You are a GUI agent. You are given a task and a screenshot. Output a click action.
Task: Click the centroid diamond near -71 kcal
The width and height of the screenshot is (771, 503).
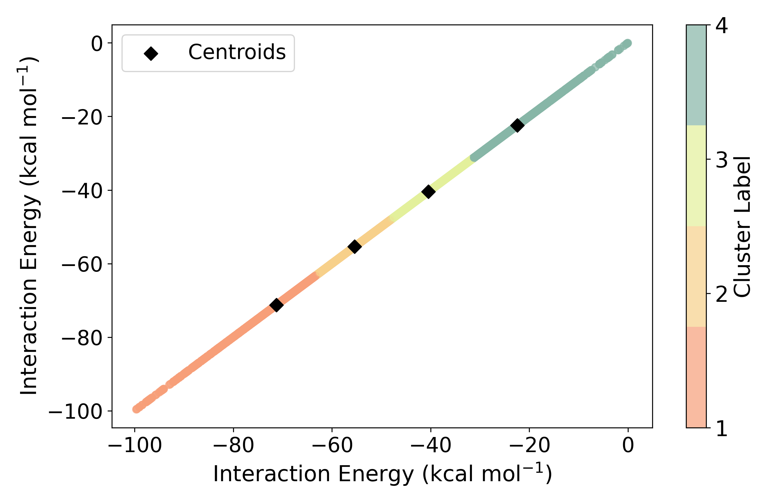pos(276,305)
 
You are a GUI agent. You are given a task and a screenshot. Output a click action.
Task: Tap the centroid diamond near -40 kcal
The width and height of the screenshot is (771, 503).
pos(428,192)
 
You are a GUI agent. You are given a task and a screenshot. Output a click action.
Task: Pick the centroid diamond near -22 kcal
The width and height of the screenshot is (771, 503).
pos(517,125)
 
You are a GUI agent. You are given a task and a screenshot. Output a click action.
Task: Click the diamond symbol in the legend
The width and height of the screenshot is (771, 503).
pos(151,53)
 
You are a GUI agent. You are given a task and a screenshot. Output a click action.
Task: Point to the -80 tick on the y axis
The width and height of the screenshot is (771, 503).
pos(81,338)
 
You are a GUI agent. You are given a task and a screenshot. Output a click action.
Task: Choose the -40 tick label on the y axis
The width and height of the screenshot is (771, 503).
pos(81,190)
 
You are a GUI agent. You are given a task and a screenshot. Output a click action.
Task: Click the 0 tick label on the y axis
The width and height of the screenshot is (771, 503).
pos(96,43)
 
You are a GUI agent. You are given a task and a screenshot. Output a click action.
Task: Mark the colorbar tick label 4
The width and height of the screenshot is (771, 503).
pos(721,26)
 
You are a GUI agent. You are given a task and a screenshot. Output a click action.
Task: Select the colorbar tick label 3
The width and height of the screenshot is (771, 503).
pos(721,160)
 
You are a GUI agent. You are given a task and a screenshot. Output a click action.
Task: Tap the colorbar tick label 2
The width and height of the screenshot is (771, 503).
pos(721,294)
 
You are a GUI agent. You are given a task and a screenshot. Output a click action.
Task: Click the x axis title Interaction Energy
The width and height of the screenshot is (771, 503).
pos(382,474)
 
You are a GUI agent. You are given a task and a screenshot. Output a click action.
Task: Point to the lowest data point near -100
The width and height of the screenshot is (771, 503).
pos(136,409)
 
